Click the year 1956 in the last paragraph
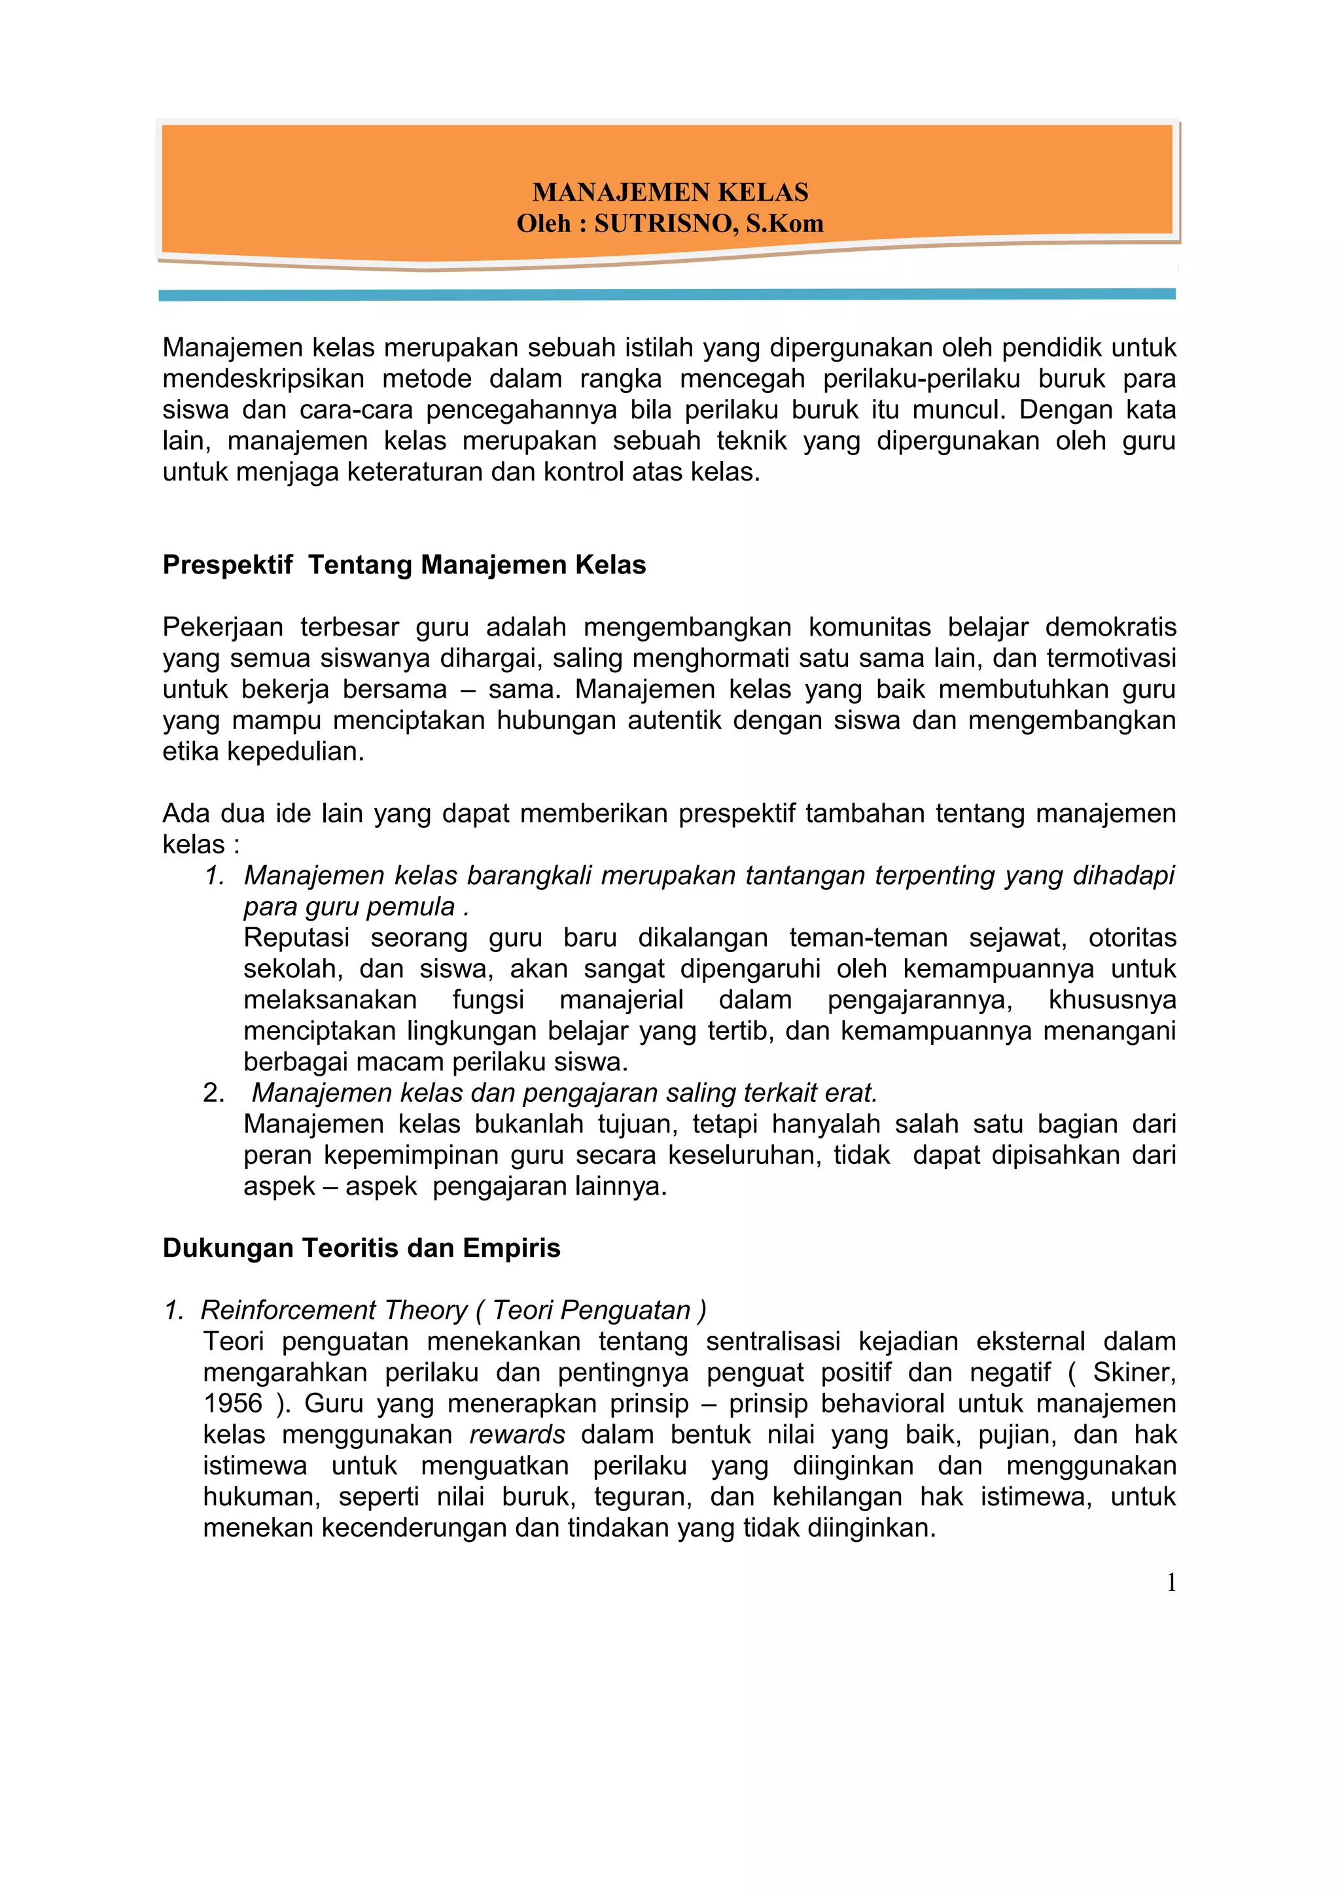233,1404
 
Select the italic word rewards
517,1435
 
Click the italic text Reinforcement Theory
334,1310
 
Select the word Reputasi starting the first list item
296,938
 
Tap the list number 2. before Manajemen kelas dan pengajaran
214,1093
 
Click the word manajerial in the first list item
621,1000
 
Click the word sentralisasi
773,1342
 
